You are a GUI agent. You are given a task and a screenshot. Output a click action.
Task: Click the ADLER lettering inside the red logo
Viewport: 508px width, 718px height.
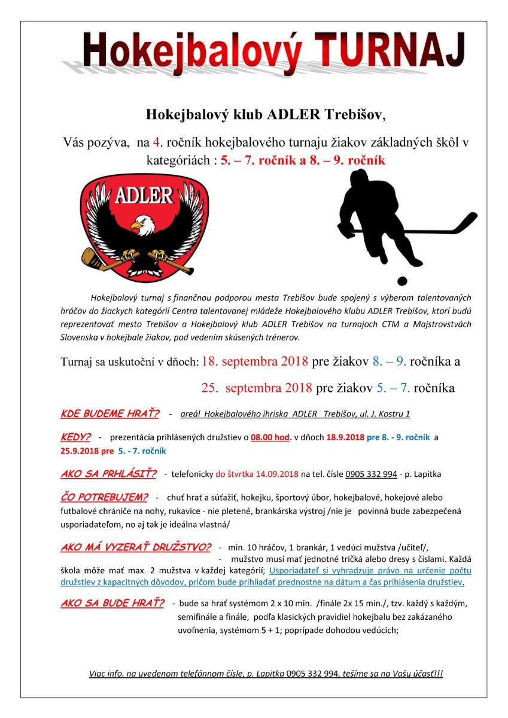point(144,195)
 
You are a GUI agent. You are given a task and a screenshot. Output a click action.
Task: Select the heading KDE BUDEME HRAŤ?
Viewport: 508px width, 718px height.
point(110,414)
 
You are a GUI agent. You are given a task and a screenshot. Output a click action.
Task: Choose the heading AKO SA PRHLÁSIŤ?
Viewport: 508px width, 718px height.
point(108,474)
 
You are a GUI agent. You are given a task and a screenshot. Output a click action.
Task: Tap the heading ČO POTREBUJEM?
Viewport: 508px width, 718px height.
point(104,498)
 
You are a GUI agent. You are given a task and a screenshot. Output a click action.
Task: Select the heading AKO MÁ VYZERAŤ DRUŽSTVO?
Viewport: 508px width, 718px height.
point(136,547)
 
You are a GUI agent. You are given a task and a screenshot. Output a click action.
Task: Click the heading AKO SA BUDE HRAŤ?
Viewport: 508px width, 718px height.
point(112,603)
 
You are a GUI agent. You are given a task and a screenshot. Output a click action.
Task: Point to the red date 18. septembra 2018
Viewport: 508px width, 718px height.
point(255,362)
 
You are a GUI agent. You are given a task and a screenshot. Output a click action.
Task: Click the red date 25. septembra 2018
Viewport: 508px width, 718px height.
point(257,388)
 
